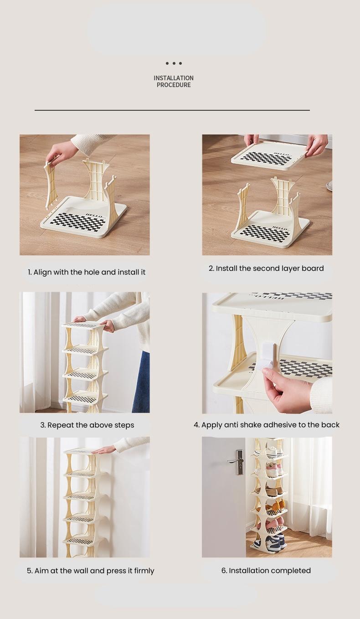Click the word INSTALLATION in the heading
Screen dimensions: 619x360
point(174,78)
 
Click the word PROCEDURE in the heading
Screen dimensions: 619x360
point(174,85)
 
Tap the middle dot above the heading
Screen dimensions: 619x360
point(174,63)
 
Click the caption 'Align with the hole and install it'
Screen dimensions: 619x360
point(87,272)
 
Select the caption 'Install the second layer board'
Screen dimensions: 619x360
point(266,268)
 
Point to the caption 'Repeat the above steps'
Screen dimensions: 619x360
point(87,425)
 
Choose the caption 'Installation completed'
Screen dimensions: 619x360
point(266,571)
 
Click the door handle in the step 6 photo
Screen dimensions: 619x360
point(237,460)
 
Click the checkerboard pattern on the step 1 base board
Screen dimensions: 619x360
point(77,222)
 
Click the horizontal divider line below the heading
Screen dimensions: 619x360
point(172,110)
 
